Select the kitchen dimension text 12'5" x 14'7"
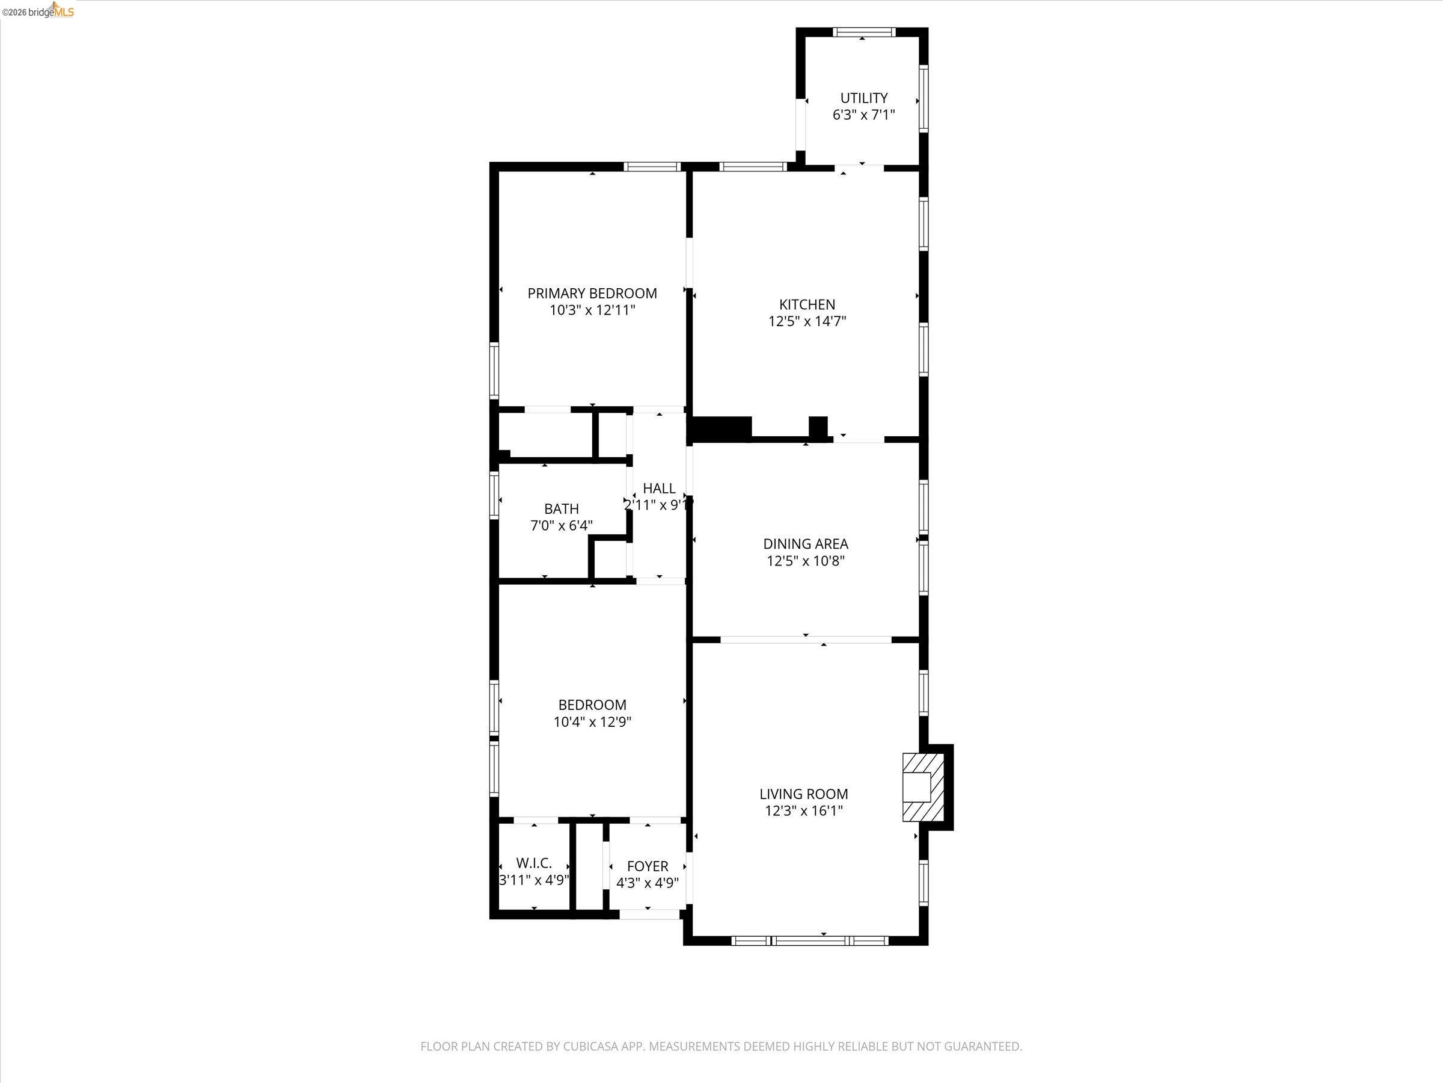pyautogui.click(x=807, y=321)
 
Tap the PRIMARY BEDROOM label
pyautogui.click(x=592, y=293)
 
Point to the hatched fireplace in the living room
pyautogui.click(x=923, y=786)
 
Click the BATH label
pyautogui.click(x=561, y=508)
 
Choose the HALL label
pyautogui.click(x=659, y=489)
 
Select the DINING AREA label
pyautogui.click(x=805, y=543)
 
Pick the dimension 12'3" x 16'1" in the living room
pyautogui.click(x=804, y=811)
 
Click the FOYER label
pyautogui.click(x=647, y=866)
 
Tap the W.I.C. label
pyautogui.click(x=534, y=863)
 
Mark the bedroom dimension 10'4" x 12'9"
pyautogui.click(x=592, y=721)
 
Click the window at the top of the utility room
pyautogui.click(x=865, y=31)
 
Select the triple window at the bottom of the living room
pyautogui.click(x=809, y=940)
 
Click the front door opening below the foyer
pyautogui.click(x=649, y=915)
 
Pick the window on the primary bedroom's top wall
pyautogui.click(x=652, y=167)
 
